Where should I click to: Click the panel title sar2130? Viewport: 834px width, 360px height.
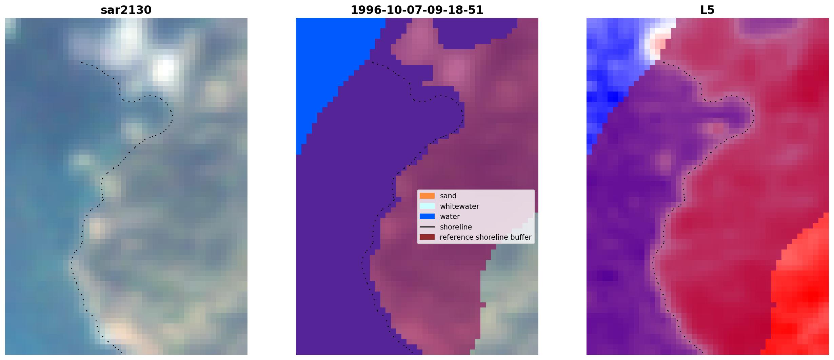(126, 10)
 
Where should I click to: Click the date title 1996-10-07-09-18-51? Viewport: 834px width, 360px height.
(417, 10)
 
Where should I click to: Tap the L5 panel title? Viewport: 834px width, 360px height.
(708, 10)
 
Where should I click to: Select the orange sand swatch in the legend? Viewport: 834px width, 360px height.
(427, 196)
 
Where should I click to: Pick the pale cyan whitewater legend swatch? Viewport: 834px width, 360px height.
(427, 206)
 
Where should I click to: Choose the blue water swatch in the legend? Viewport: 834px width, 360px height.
(427, 216)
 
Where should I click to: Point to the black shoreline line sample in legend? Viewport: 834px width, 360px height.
(427, 227)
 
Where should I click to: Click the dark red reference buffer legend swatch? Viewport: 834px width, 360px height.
(427, 237)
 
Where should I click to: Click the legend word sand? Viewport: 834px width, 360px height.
(448, 196)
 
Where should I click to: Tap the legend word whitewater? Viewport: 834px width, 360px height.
(459, 206)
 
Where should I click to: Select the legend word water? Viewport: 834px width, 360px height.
(450, 217)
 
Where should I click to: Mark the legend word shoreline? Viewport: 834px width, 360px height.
(456, 227)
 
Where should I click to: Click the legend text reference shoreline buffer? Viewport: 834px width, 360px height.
(485, 237)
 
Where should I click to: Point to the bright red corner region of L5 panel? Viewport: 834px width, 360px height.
(803, 298)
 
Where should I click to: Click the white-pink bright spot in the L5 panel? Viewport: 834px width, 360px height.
(658, 42)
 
